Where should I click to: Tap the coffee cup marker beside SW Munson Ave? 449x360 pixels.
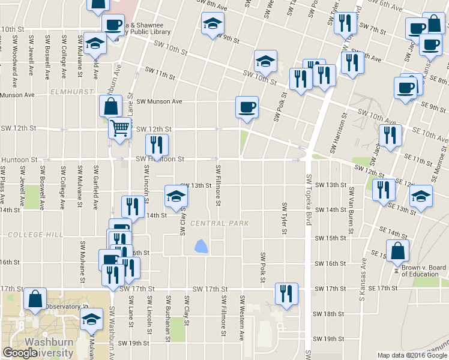(x=247, y=108)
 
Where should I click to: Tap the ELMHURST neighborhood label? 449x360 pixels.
(x=73, y=92)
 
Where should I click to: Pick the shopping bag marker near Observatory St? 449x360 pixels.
(x=36, y=298)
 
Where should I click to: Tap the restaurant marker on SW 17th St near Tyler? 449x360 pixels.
(x=286, y=293)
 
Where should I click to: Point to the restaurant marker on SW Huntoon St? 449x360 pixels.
(x=157, y=145)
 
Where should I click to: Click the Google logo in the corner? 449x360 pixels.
(x=20, y=353)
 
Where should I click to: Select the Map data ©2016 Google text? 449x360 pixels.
(x=412, y=355)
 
